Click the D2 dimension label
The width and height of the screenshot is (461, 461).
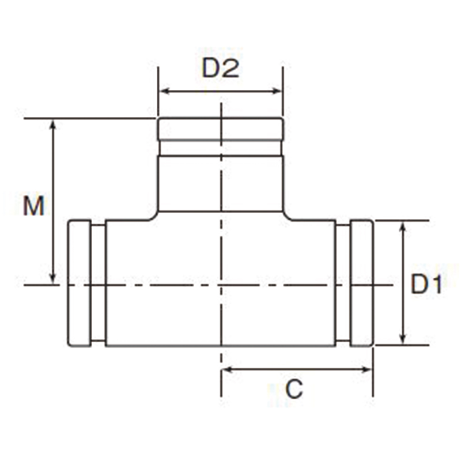click(x=220, y=69)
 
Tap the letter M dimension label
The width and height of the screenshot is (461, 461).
click(x=33, y=206)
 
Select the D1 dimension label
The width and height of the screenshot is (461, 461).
click(x=426, y=285)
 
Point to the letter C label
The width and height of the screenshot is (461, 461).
click(x=294, y=390)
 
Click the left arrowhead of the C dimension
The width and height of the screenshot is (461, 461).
click(x=226, y=369)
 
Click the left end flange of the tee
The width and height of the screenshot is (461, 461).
click(x=79, y=283)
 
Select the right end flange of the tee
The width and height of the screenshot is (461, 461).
click(x=362, y=283)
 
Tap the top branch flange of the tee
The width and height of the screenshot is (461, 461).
click(x=221, y=129)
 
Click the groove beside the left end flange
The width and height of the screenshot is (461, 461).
click(x=98, y=283)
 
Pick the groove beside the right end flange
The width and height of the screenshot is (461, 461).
click(x=343, y=283)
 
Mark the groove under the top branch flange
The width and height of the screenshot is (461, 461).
click(x=221, y=147)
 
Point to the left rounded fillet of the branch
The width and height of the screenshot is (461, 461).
click(x=153, y=216)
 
